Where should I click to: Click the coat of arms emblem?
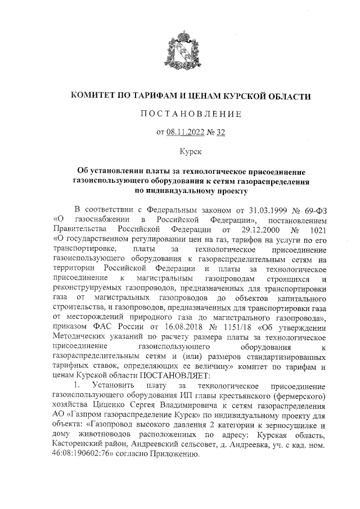180,54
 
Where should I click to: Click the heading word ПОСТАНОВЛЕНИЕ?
191,115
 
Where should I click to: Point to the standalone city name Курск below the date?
191,151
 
